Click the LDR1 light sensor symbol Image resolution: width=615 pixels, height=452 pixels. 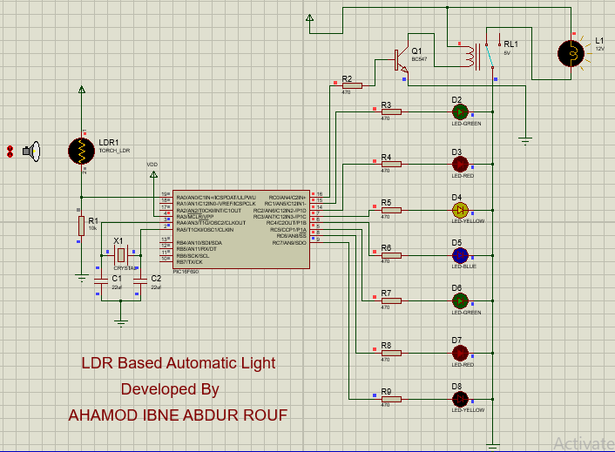(81, 151)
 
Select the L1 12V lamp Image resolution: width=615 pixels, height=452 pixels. (572, 53)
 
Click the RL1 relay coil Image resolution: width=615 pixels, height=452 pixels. (472, 57)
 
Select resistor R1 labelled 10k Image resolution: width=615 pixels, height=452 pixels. (81, 226)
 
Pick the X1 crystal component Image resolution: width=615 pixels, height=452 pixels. (121, 254)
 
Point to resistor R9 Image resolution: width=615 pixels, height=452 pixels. (390, 399)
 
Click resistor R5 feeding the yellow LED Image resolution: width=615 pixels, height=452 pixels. (390, 210)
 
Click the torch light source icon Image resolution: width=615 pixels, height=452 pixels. (31, 152)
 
